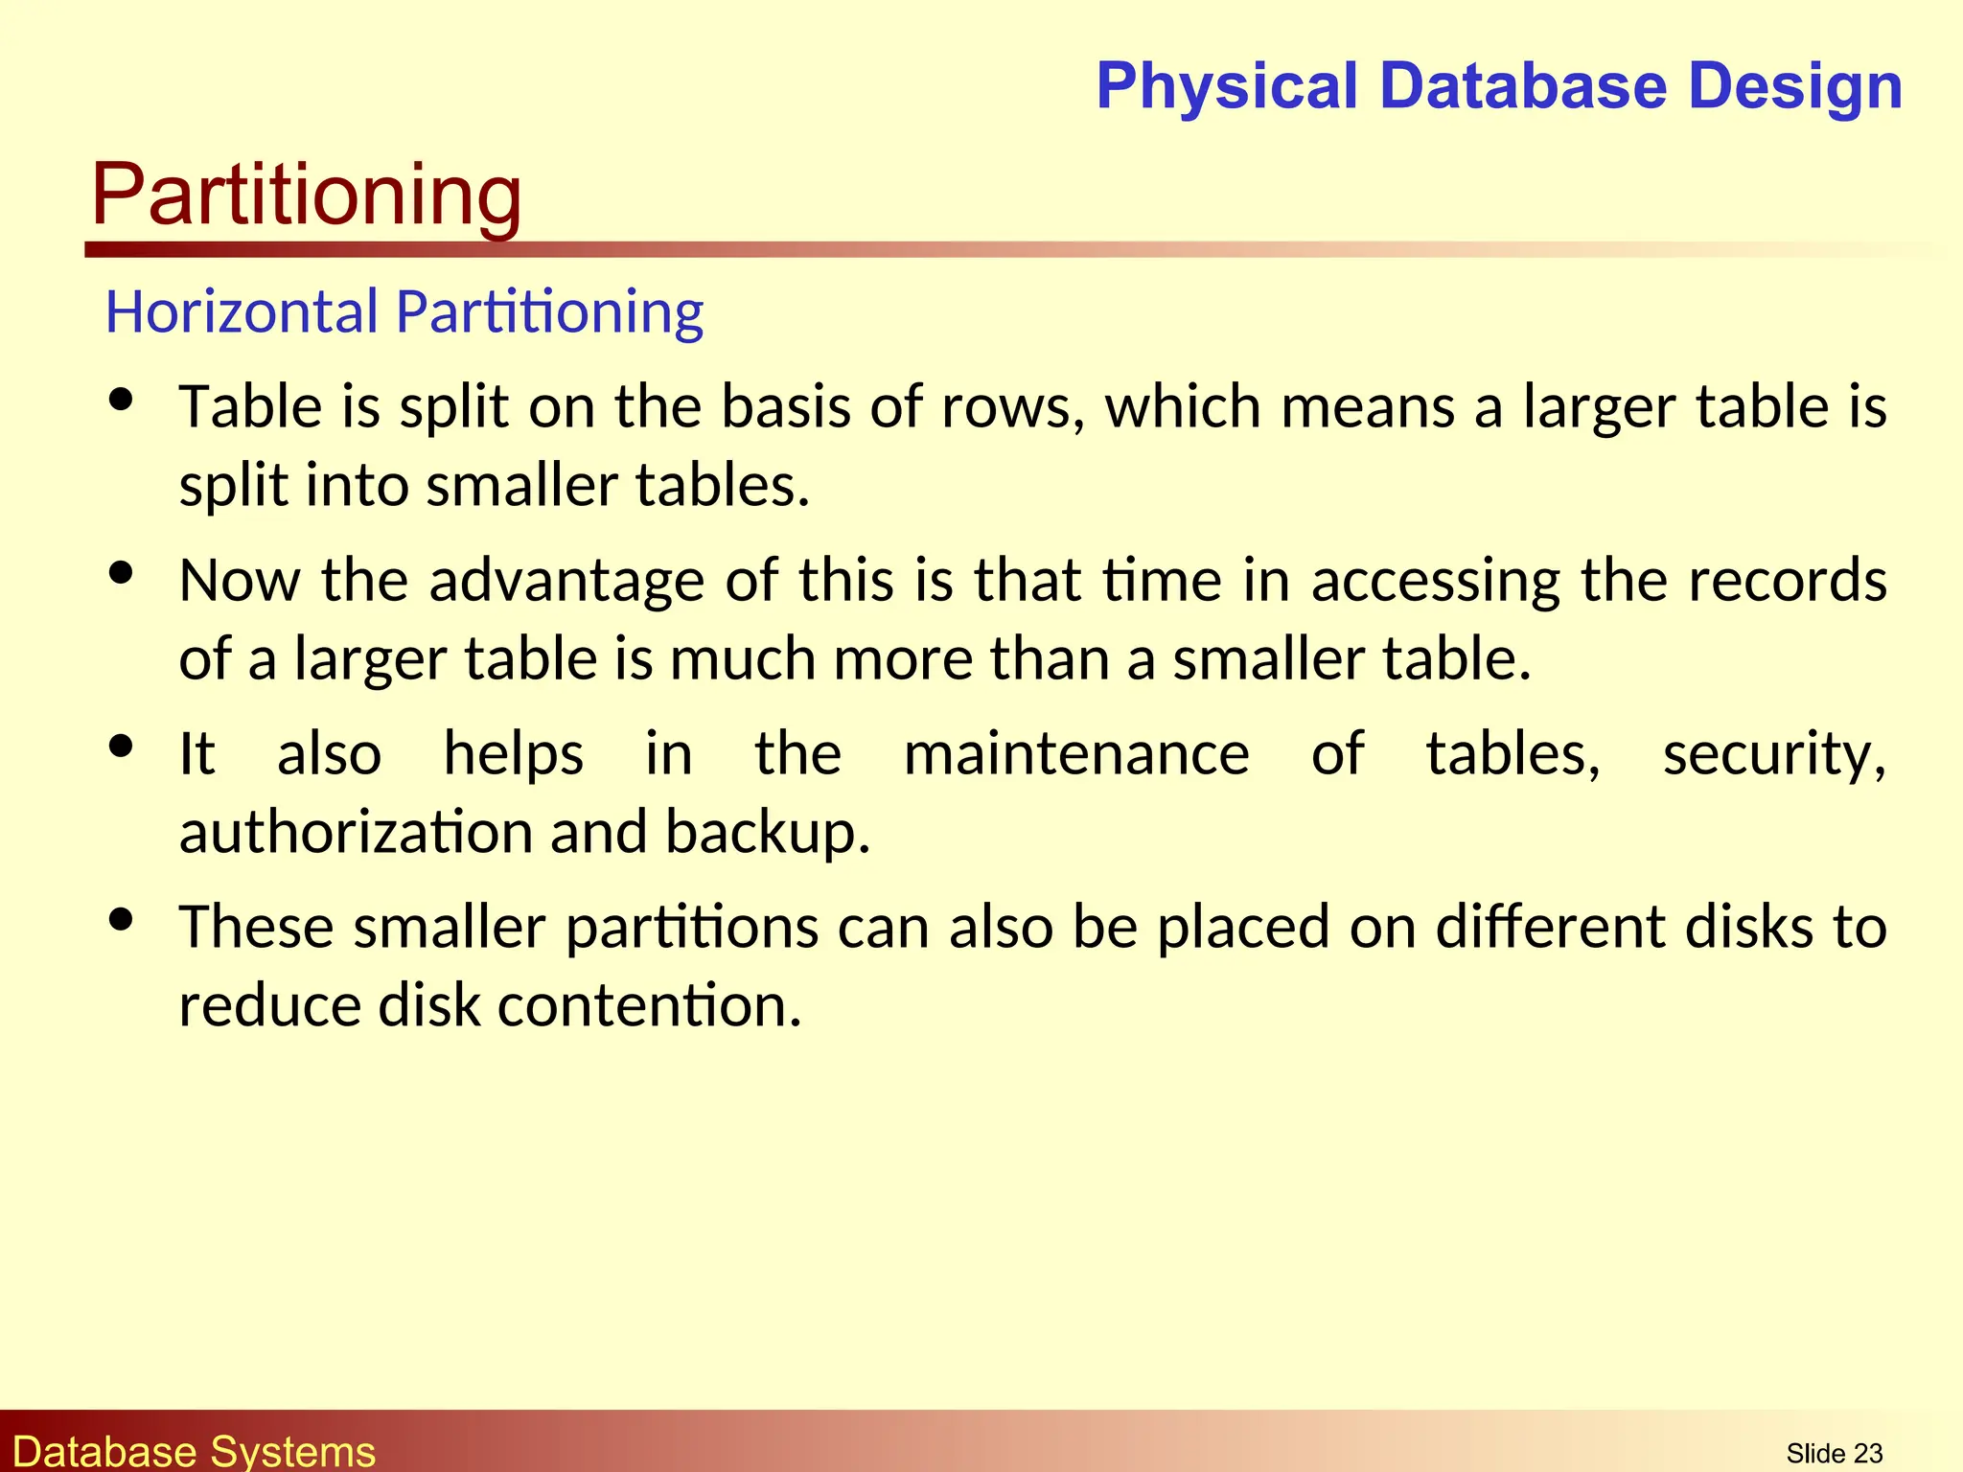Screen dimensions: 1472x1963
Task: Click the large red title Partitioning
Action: coord(307,195)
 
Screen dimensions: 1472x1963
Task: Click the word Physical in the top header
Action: coord(1228,86)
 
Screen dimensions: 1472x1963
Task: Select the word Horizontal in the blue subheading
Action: coord(242,312)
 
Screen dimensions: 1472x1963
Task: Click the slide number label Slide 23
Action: coord(1834,1453)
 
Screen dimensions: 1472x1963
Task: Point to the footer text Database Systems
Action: coord(194,1451)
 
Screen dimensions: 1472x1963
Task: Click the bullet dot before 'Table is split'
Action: coord(121,400)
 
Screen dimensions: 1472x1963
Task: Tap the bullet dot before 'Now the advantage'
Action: coord(121,573)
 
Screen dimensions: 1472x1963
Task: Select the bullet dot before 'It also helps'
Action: coord(121,747)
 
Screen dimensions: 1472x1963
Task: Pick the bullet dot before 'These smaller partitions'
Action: coord(121,920)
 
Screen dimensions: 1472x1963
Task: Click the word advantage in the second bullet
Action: coord(566,581)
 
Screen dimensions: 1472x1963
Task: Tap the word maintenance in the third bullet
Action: coord(1076,754)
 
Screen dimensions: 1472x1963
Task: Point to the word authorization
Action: coord(355,832)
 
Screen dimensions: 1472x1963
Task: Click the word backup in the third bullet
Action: coord(767,832)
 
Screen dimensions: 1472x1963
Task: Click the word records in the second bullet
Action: coord(1788,581)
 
